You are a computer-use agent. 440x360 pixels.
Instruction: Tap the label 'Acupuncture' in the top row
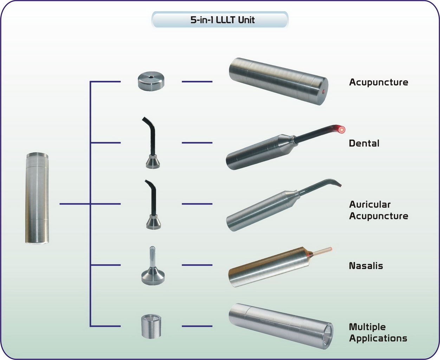[378, 82]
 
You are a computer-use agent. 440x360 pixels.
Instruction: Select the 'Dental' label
[364, 143]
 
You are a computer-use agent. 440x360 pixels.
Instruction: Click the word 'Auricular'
[369, 204]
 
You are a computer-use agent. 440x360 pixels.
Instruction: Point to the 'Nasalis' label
[365, 266]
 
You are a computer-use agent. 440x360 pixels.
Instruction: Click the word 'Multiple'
[367, 327]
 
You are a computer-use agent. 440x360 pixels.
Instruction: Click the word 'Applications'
[378, 339]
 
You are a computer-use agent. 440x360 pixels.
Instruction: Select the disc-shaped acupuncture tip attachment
[151, 81]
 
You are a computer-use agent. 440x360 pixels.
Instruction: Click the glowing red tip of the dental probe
[341, 129]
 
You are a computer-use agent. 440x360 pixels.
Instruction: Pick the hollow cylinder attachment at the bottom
[151, 326]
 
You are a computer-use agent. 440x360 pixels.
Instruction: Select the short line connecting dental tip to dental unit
[197, 143]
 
